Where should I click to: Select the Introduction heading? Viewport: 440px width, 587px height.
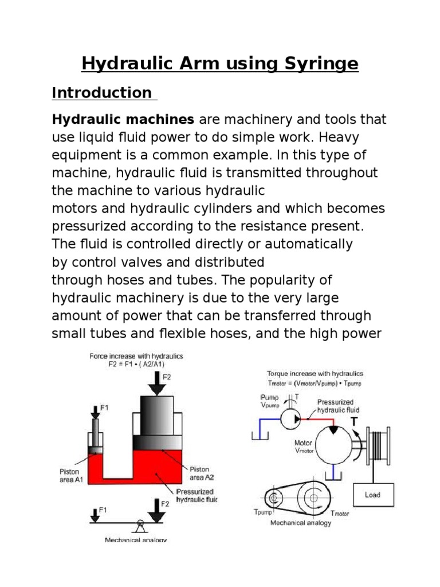click(x=101, y=93)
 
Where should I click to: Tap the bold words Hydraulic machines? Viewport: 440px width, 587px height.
click(x=123, y=120)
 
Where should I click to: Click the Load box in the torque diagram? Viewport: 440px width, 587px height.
click(x=372, y=494)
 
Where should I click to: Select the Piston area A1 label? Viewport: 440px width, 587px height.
click(x=70, y=475)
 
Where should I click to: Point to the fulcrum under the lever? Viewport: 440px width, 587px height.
click(x=139, y=523)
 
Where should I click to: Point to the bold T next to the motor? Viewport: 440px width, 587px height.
click(x=355, y=421)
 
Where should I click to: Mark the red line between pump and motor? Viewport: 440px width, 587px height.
click(x=312, y=420)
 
